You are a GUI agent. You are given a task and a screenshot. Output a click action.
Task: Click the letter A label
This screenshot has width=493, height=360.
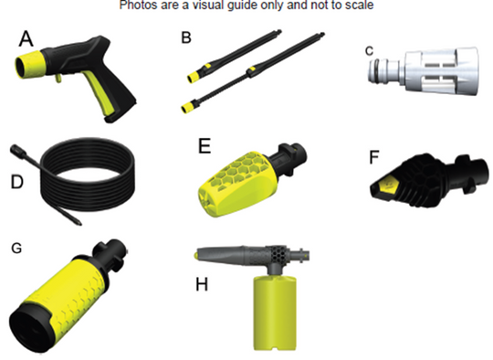[x=26, y=38]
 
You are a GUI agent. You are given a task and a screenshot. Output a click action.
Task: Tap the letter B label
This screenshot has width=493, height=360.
[x=186, y=37]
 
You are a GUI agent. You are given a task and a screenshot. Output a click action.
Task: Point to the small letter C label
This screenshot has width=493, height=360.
[x=369, y=51]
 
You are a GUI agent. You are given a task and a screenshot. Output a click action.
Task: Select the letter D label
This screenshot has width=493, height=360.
[x=17, y=182]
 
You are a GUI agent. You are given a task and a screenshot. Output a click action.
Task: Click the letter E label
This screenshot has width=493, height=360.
[x=205, y=145]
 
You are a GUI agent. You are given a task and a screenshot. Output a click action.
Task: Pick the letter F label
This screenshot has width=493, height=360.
[x=373, y=157]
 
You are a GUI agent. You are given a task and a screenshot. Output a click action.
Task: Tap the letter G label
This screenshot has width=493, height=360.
[x=16, y=249]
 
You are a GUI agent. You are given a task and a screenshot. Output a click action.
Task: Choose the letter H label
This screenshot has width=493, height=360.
[x=202, y=285]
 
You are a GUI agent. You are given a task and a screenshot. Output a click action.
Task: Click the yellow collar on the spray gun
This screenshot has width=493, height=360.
[x=28, y=64]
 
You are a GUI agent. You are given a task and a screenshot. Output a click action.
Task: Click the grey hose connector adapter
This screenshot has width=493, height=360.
[x=424, y=71]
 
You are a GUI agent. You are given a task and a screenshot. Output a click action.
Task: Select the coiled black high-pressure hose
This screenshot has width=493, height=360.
[x=88, y=176]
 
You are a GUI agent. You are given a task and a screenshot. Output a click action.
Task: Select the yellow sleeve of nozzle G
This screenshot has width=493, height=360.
[x=66, y=291]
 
